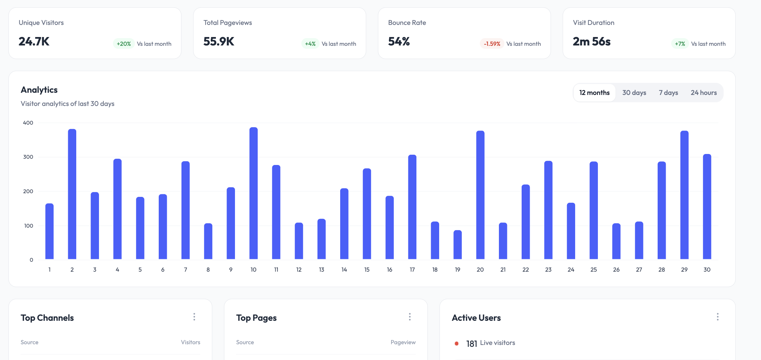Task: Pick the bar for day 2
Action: click(72, 194)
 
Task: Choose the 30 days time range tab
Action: click(634, 93)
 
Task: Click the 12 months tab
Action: click(594, 93)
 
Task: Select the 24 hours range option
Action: click(703, 93)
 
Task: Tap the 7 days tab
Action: click(668, 93)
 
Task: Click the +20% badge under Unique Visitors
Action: click(124, 44)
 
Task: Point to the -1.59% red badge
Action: click(492, 44)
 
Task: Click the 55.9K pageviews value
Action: click(219, 41)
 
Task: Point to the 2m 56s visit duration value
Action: click(592, 41)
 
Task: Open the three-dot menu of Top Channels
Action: click(194, 317)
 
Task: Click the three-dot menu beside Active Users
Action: click(717, 317)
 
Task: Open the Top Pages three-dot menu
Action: click(410, 317)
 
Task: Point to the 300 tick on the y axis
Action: click(28, 157)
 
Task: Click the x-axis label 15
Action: click(367, 269)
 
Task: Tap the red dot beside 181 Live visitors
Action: click(456, 344)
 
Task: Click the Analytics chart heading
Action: click(39, 90)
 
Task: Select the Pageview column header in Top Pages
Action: click(403, 342)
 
